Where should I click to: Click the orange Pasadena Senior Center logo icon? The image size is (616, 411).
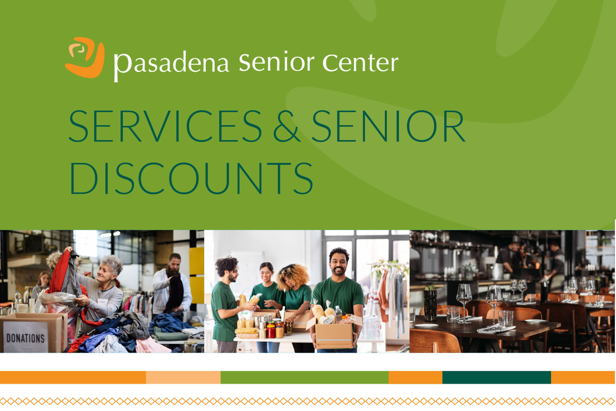click(x=85, y=57)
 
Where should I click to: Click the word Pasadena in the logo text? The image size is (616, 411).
click(x=171, y=64)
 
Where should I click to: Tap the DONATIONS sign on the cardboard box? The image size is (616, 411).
click(x=26, y=338)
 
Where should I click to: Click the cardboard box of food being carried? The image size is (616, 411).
click(x=334, y=334)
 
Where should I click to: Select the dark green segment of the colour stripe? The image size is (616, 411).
click(x=496, y=377)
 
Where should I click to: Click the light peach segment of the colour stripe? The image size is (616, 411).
click(x=183, y=377)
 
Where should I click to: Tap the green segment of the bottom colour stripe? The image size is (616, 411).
click(x=305, y=377)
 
